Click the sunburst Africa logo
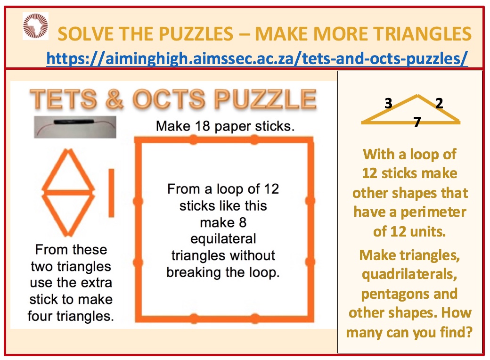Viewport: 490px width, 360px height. pos(35,25)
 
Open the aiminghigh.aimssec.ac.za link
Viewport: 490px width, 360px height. pos(257,58)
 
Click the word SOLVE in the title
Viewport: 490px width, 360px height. pos(80,34)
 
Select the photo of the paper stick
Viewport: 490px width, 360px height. pos(75,127)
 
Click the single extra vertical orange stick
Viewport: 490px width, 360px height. pos(111,193)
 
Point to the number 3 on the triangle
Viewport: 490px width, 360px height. pos(388,103)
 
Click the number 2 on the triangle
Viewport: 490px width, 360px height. pos(440,103)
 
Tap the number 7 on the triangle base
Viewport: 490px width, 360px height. pos(417,122)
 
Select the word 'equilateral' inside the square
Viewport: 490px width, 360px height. pos(223,239)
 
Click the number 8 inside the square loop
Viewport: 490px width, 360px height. pos(243,222)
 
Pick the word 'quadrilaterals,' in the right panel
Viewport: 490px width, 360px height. pos(409,274)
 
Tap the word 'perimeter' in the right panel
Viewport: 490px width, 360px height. pos(434,213)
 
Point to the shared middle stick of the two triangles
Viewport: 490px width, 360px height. pos(68,192)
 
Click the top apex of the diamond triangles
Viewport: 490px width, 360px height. pos(68,150)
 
